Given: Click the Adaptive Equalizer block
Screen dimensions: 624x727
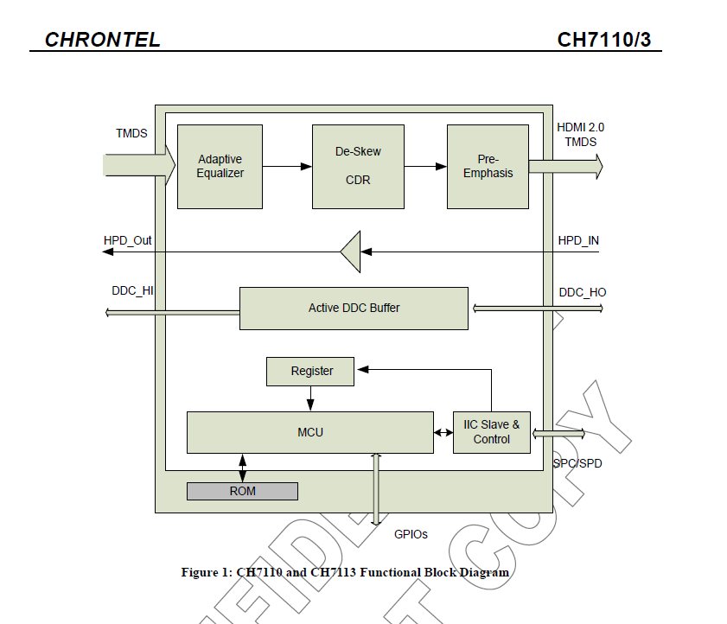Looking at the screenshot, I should tap(220, 166).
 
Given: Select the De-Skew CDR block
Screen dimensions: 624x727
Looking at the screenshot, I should tap(358, 166).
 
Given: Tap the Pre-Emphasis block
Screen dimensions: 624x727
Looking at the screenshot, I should tap(488, 166).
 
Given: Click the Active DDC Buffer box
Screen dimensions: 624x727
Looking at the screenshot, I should tap(354, 308).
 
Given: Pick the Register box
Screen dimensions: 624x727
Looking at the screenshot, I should tap(311, 371).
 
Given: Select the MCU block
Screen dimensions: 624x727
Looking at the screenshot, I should tap(309, 431).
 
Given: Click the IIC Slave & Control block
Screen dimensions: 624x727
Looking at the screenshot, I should tap(491, 431).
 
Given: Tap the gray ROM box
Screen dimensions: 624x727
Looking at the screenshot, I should tap(242, 491).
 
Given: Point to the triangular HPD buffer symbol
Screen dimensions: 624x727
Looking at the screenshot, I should tap(350, 252).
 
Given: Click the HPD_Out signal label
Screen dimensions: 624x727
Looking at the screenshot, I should tap(127, 239).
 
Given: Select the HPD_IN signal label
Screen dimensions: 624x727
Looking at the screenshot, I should tap(578, 239).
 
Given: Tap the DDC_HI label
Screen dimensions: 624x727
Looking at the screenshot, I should tap(132, 291).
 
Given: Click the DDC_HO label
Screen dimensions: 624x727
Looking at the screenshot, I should tap(582, 292).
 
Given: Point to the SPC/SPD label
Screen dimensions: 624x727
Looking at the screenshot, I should tap(577, 463).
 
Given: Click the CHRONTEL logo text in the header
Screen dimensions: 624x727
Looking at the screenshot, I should tap(102, 40).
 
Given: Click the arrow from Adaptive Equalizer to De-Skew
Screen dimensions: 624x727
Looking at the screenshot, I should tap(287, 166).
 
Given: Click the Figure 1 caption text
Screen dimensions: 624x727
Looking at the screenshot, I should tap(344, 572).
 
